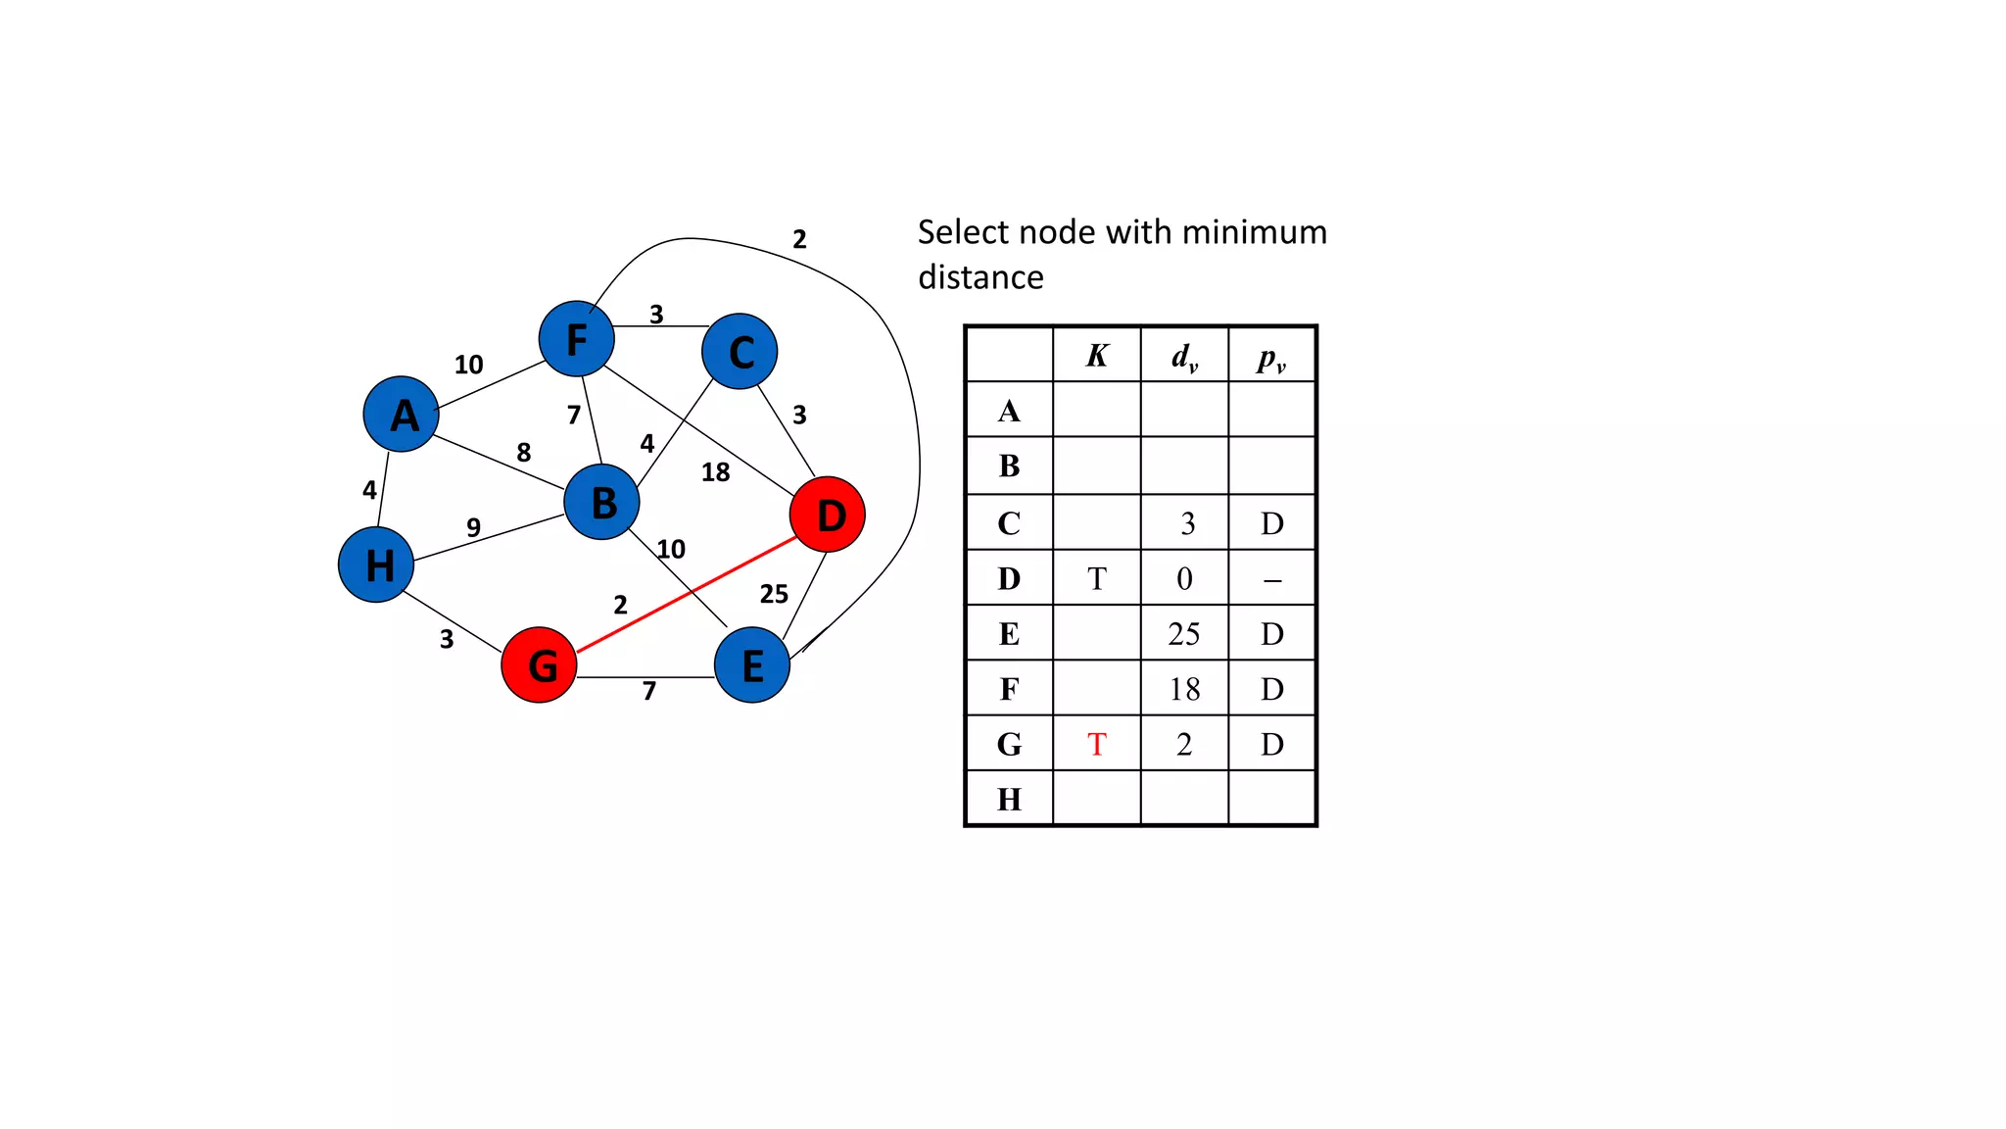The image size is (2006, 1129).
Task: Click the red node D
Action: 827,515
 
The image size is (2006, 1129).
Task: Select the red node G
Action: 539,665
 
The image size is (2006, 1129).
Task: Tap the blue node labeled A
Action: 401,415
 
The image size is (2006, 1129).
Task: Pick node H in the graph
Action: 376,564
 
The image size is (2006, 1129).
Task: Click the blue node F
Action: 577,339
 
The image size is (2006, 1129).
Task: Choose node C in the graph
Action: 740,352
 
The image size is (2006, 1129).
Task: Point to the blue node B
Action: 601,502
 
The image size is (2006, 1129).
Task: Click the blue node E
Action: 751,665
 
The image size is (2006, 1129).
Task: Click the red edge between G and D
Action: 686,595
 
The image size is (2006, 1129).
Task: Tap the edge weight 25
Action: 774,594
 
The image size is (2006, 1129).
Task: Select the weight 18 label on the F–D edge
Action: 715,472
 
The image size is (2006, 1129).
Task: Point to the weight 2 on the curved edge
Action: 799,239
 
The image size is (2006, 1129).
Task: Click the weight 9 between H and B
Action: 473,527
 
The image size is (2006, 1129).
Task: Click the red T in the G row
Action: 1096,745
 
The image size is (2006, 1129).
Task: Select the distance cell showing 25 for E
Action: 1183,634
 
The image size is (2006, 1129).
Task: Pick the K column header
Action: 1096,356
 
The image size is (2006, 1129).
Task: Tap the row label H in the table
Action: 1009,800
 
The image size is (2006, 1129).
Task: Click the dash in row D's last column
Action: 1271,580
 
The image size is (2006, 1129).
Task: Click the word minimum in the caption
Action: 1254,232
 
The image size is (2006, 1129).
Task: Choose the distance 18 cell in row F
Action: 1183,689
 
